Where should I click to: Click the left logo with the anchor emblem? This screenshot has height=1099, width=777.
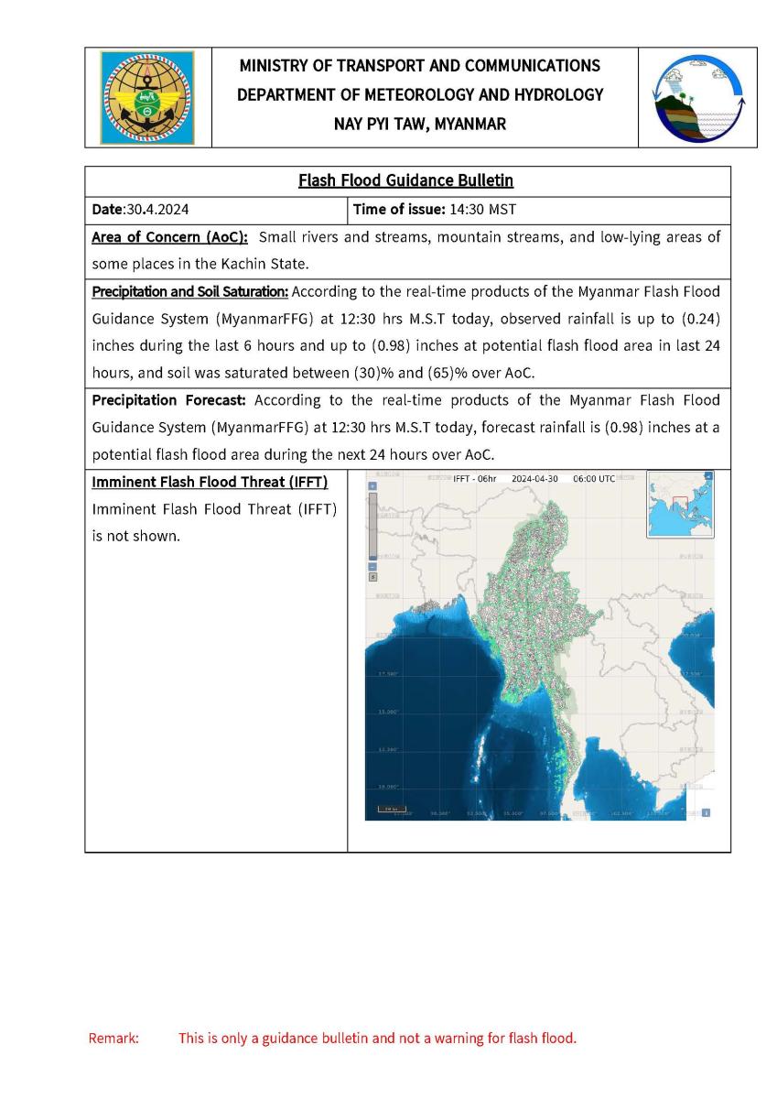click(147, 97)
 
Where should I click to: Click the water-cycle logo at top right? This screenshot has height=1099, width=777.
click(697, 97)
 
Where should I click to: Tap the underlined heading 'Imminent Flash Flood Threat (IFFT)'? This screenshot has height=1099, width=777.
click(210, 482)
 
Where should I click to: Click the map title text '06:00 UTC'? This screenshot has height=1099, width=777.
click(594, 479)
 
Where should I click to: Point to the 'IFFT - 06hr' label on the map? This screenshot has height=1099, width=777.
click(474, 479)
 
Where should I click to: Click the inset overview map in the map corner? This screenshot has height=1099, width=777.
click(680, 504)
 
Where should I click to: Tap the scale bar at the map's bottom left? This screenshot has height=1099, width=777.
click(392, 810)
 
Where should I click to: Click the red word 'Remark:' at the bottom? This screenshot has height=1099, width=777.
click(113, 1039)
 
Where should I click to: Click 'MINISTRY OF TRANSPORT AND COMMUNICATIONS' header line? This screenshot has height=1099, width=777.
click(420, 66)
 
